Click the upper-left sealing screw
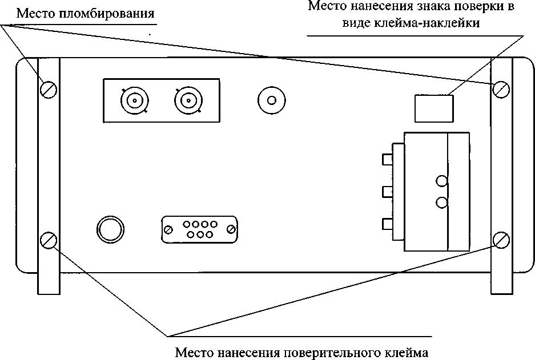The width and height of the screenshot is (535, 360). click(48, 90)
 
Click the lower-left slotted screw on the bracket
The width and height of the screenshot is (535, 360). click(48, 240)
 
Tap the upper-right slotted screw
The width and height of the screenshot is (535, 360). click(501, 90)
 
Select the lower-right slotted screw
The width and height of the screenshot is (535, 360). click(501, 240)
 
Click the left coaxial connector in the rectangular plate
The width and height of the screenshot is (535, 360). click(135, 100)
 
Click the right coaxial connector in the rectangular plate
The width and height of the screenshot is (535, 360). click(188, 100)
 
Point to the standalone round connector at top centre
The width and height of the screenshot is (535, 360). click(272, 100)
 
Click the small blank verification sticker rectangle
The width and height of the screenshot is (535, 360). click(434, 108)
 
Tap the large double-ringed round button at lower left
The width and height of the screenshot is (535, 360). click(110, 229)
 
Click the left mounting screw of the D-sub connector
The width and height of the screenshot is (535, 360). click(168, 229)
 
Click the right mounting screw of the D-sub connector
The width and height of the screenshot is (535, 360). click(231, 229)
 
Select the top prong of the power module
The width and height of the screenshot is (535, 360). click(387, 160)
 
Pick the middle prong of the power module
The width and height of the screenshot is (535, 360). click(387, 192)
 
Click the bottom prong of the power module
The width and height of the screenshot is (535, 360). click(387, 224)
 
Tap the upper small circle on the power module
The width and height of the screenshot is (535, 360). click(442, 181)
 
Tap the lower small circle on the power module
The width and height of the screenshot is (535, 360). click(442, 203)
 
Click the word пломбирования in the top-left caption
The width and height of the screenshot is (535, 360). click(106, 14)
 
